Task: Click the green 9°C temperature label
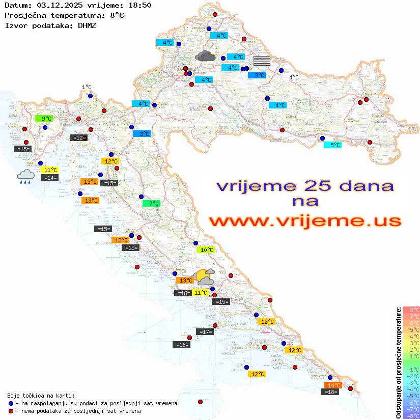(43, 119)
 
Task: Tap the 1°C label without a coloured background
(87, 88)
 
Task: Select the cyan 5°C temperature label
(332, 145)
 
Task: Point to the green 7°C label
(151, 204)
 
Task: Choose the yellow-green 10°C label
(206, 250)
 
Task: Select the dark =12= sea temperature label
(78, 137)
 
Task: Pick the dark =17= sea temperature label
(205, 332)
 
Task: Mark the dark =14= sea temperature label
(50, 177)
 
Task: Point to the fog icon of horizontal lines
(261, 61)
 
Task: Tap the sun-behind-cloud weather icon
(205, 276)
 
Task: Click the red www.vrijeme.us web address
(305, 221)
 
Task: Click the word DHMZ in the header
(87, 25)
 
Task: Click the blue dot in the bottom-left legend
(11, 403)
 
